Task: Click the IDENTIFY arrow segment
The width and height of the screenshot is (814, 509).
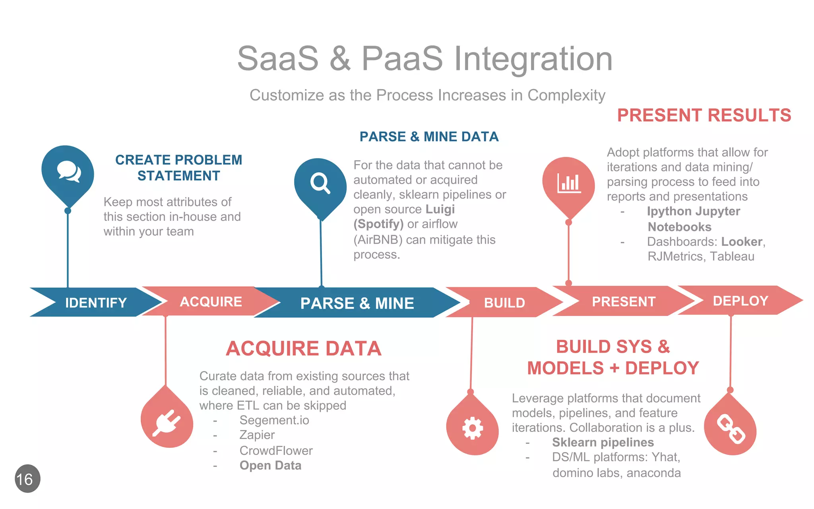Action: click(95, 303)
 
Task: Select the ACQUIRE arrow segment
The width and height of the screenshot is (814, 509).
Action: click(211, 301)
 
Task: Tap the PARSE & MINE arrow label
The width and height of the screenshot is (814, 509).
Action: click(357, 303)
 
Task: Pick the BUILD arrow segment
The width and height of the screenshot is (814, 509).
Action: click(504, 303)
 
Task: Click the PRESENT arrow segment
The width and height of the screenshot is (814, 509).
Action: click(623, 301)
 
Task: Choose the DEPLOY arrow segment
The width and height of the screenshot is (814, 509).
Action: click(740, 301)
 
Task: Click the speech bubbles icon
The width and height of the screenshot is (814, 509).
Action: click(68, 171)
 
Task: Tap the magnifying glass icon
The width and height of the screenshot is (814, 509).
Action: click(320, 183)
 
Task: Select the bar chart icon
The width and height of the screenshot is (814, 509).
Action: click(569, 183)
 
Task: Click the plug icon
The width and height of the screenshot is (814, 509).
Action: click(167, 424)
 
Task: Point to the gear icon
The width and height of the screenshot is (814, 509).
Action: click(472, 428)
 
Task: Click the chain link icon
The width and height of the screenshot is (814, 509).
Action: click(731, 429)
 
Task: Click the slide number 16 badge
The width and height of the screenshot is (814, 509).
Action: click(27, 479)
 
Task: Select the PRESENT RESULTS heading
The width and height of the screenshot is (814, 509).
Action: click(704, 115)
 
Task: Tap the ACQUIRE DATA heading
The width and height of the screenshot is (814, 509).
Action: click(304, 348)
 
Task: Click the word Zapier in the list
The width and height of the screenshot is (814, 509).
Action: click(257, 435)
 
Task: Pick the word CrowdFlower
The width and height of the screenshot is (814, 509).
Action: click(276, 451)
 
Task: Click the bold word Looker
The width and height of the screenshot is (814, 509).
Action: click(742, 241)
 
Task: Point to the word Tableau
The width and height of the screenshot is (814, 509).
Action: click(732, 256)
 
